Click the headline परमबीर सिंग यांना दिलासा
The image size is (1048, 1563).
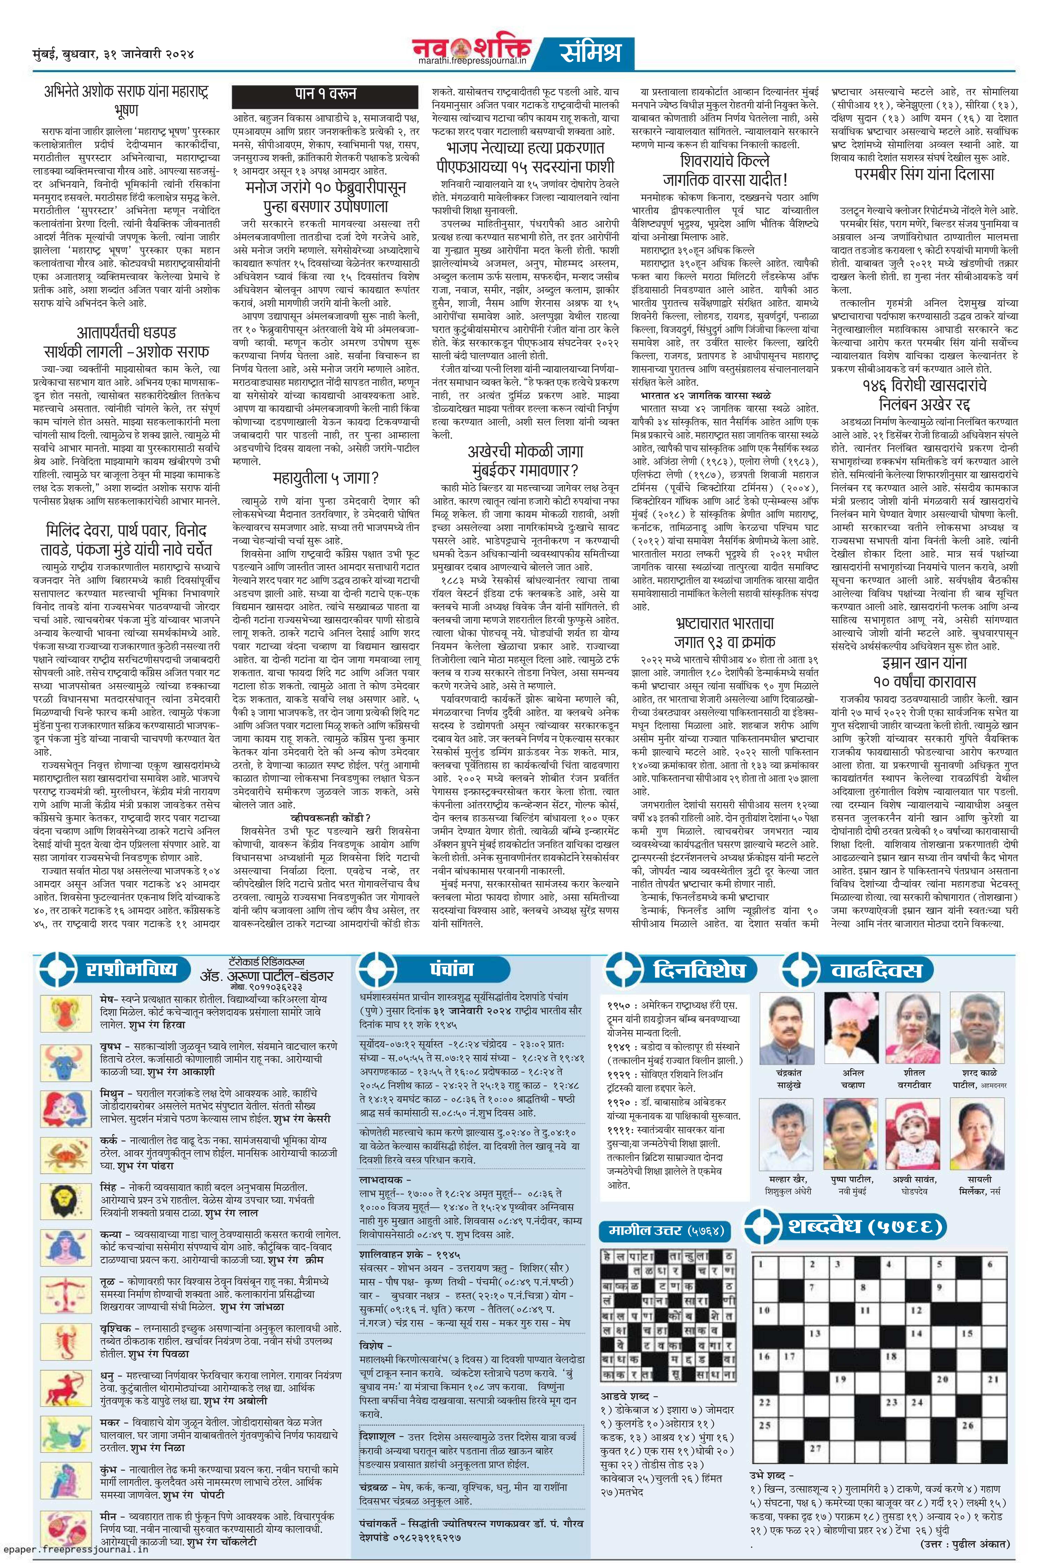pos(924,175)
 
